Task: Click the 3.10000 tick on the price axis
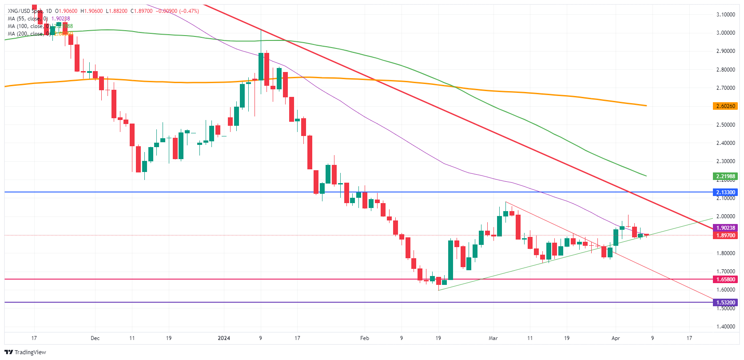(x=725, y=15)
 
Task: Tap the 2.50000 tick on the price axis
(x=725, y=125)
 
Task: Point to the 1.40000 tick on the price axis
(x=725, y=327)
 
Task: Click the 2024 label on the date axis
(x=224, y=338)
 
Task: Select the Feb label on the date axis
(x=365, y=338)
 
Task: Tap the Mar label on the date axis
(x=493, y=338)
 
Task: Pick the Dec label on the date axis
(x=95, y=338)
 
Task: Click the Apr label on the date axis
(x=616, y=338)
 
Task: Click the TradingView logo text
(x=30, y=352)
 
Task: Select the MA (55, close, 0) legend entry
(x=28, y=19)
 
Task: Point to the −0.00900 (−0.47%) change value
(x=178, y=11)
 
